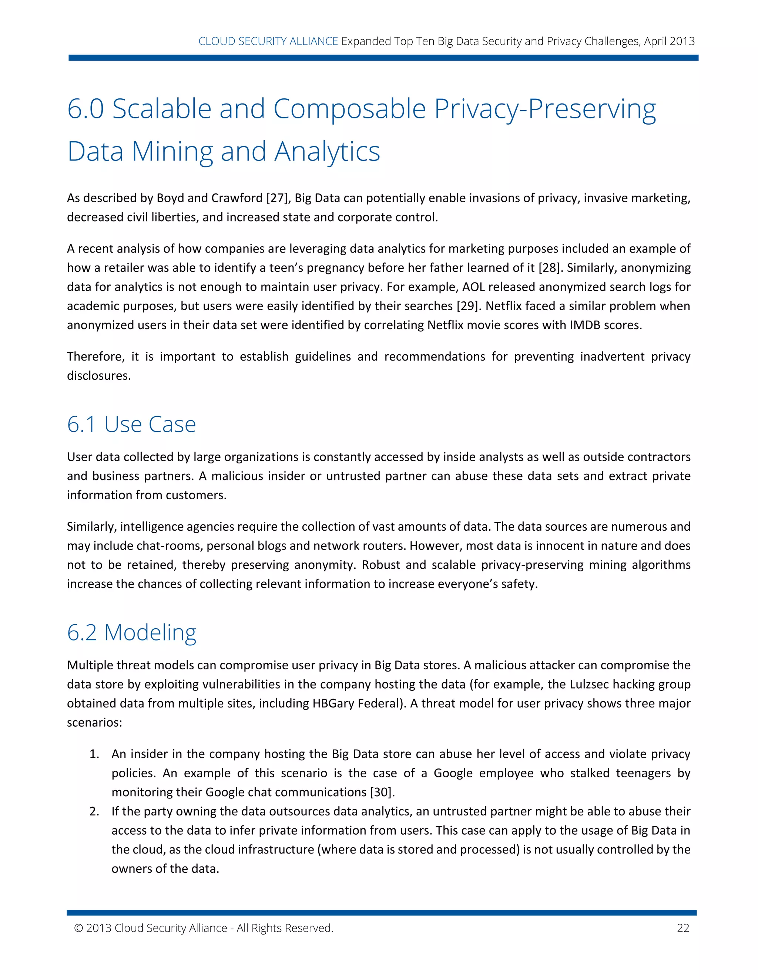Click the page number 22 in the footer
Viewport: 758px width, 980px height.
point(682,928)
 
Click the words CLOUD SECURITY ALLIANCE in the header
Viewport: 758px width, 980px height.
point(268,41)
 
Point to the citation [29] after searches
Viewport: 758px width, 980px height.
point(468,306)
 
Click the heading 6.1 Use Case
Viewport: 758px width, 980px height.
point(131,424)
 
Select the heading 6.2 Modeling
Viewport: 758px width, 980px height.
point(131,632)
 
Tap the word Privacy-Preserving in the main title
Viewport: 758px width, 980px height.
point(545,109)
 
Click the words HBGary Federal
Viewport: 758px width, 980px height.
point(356,703)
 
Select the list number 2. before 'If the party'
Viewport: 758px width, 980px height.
point(94,811)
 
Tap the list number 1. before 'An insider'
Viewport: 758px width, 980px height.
point(94,754)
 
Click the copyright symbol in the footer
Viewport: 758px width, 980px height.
point(78,928)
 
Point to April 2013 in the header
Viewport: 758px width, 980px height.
point(669,41)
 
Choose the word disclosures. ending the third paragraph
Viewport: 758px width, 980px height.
point(99,376)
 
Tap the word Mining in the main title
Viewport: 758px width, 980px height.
point(172,152)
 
